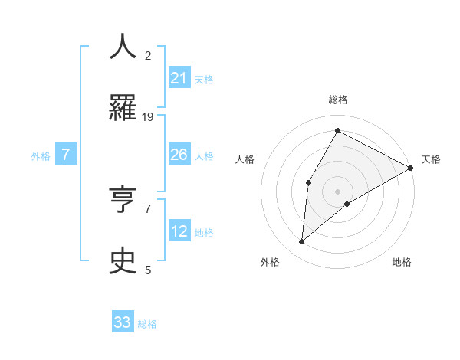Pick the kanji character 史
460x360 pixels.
tap(123, 260)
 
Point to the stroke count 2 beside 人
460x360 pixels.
tap(148, 56)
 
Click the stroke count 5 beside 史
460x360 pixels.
tap(148, 270)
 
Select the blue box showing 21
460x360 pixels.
tap(179, 78)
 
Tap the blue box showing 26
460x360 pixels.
tap(179, 155)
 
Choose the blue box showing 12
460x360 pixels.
tap(179, 231)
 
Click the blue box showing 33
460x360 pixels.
tap(123, 322)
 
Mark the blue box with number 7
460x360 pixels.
tap(66, 155)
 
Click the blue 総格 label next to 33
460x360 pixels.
tap(147, 324)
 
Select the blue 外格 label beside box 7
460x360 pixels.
tap(41, 156)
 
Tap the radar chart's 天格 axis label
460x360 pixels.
tap(431, 159)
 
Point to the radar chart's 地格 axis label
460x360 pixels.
tap(402, 262)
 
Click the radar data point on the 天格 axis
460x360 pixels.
tap(411, 168)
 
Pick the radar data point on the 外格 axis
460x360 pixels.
tap(302, 242)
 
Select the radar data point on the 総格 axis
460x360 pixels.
tap(337, 130)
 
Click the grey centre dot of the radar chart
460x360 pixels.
tap(337, 191)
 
